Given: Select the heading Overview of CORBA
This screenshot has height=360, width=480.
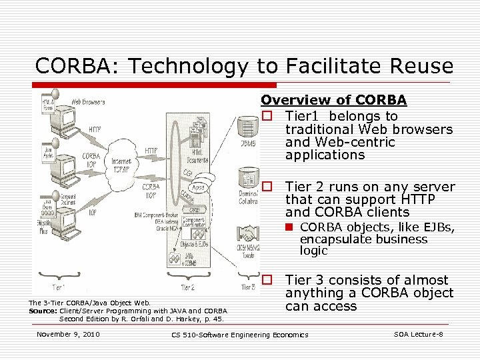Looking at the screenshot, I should tap(333, 101).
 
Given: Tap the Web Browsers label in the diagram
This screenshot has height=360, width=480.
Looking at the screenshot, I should tap(88, 101).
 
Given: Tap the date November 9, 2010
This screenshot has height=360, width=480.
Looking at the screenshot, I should tap(68, 334).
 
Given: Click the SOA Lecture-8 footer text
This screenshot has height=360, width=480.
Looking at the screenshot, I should tap(419, 334).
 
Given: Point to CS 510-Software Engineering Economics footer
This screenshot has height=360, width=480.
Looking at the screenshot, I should tap(240, 335).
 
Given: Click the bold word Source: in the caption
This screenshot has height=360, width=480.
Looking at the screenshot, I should tap(43, 311).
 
